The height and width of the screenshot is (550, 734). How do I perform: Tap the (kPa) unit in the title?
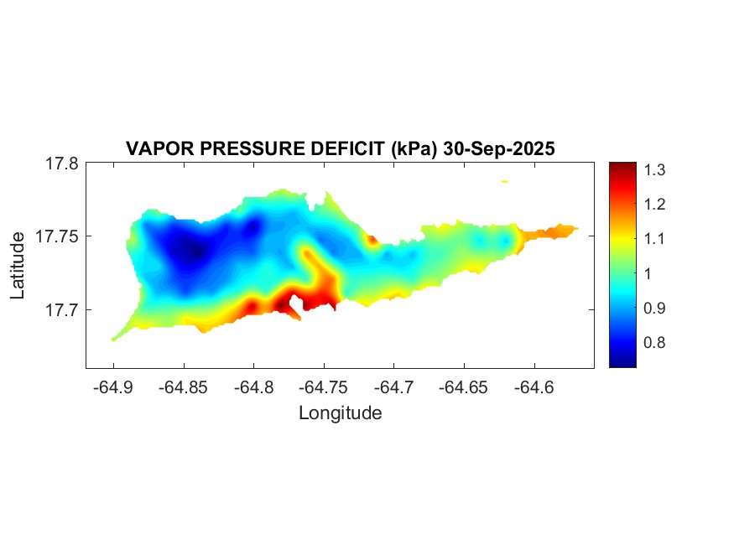[413, 148]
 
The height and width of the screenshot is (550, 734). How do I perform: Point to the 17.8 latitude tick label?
[61, 163]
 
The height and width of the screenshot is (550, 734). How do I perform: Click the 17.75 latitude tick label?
[57, 236]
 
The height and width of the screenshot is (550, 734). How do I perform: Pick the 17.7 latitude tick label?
[61, 309]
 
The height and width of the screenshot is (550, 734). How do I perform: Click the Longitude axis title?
[340, 412]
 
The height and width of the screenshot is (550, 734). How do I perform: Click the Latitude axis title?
[18, 267]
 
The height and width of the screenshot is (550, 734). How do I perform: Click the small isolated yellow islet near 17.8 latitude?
[504, 181]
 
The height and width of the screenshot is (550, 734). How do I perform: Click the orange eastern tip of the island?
[562, 230]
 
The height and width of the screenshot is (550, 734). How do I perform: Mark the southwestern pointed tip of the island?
[114, 339]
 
